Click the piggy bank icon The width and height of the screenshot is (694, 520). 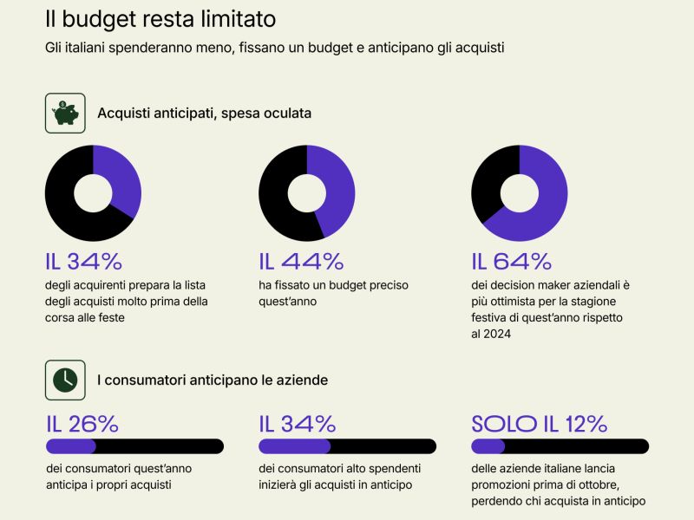[x=65, y=113]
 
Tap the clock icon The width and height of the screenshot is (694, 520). [x=65, y=380]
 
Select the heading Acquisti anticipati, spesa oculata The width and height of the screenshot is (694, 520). [x=204, y=114]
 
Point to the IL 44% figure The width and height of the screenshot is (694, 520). [x=301, y=261]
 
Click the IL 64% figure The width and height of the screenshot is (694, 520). [x=511, y=261]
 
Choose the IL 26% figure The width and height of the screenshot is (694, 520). [x=82, y=424]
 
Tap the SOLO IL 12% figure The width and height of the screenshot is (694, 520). [x=539, y=424]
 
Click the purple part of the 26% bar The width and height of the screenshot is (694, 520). [x=69, y=446]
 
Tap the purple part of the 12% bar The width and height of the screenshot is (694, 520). [x=488, y=446]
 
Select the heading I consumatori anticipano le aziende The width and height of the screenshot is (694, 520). [x=213, y=380]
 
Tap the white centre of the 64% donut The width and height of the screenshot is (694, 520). [x=520, y=193]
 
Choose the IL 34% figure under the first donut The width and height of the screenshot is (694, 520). [x=84, y=261]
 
